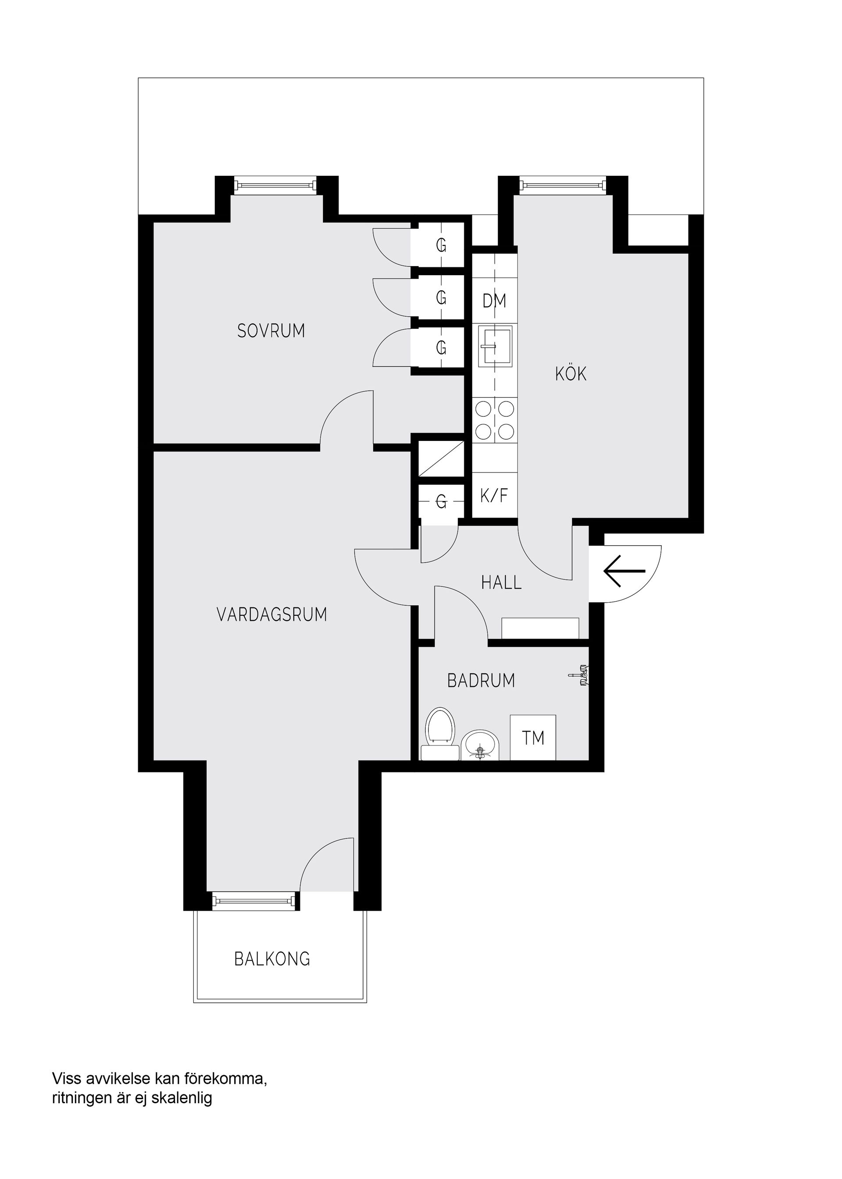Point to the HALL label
(x=501, y=582)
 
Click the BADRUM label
(x=481, y=681)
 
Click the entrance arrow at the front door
(x=624, y=571)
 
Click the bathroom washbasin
(x=480, y=746)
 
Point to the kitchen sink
(x=495, y=345)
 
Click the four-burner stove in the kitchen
(x=495, y=420)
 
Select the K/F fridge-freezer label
(x=494, y=496)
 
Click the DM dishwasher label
(x=494, y=301)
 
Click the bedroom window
(x=275, y=185)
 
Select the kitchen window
(x=563, y=185)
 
